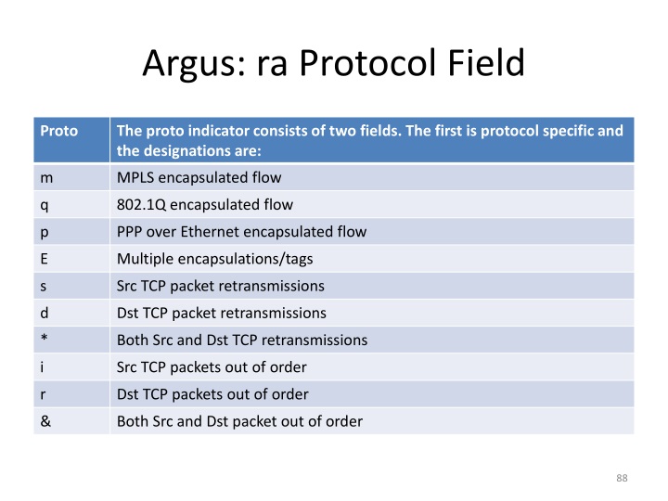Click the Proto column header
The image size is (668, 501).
[58, 131]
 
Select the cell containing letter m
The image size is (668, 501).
[45, 177]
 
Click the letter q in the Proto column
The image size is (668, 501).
[45, 204]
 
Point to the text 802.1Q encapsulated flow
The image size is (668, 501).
[199, 204]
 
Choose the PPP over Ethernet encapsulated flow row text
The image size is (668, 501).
[241, 231]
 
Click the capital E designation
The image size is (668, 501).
[44, 258]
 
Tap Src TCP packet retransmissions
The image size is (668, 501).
[220, 286]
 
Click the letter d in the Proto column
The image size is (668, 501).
[45, 313]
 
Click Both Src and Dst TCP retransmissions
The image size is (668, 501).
[241, 340]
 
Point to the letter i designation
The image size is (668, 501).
[42, 366]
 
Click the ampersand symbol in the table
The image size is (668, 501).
[45, 421]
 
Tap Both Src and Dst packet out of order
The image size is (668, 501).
[239, 421]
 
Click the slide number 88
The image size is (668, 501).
[622, 478]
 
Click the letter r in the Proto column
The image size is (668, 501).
[43, 393]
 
